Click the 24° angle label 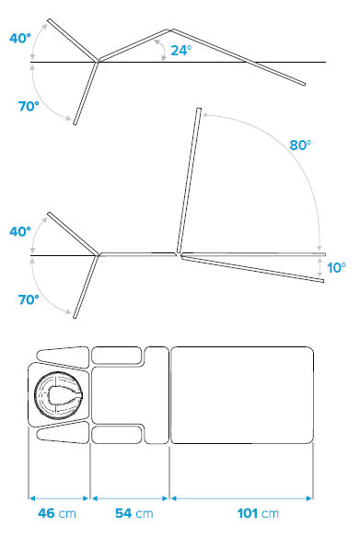click(x=181, y=51)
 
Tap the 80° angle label click(x=300, y=146)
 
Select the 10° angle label click(x=336, y=268)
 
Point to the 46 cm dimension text click(x=57, y=513)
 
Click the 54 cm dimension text click(x=134, y=513)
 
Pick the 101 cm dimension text click(x=258, y=513)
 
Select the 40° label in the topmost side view click(x=20, y=38)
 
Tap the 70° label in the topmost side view click(x=29, y=106)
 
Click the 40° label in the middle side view click(x=20, y=231)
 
